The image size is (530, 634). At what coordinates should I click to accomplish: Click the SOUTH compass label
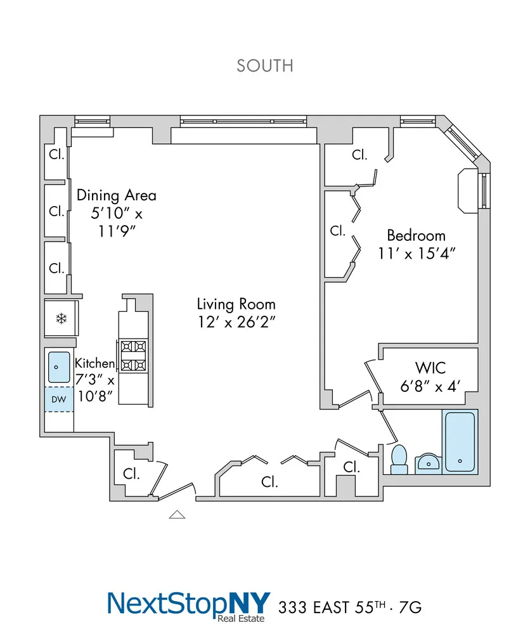click(x=265, y=66)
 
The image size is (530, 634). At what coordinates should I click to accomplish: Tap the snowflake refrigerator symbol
click(x=61, y=319)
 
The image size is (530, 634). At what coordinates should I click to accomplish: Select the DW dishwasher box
click(x=59, y=399)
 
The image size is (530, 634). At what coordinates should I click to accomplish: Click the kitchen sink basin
click(x=59, y=367)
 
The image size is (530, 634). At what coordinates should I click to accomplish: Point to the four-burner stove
click(x=133, y=356)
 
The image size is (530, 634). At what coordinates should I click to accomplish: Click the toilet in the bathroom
click(x=399, y=460)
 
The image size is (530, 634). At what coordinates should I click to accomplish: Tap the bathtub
click(x=460, y=441)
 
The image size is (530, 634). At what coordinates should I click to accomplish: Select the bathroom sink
click(x=428, y=463)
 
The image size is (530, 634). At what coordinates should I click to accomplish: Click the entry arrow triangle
click(x=177, y=514)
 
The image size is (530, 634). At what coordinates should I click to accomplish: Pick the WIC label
click(x=430, y=368)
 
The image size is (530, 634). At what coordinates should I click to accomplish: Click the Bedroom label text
click(x=417, y=235)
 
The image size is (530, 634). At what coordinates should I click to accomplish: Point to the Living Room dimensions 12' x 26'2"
click(x=236, y=322)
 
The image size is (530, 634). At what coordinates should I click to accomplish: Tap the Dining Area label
click(x=117, y=195)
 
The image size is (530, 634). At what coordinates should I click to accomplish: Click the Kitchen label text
click(x=94, y=363)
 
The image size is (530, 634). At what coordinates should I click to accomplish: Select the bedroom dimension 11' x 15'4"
click(x=417, y=254)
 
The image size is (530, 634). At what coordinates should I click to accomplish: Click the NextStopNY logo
click(x=189, y=606)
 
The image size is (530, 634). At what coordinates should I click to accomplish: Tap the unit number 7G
click(x=410, y=607)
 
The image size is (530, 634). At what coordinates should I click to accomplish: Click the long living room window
click(x=243, y=121)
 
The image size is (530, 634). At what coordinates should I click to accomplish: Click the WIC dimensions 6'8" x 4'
click(x=430, y=386)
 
